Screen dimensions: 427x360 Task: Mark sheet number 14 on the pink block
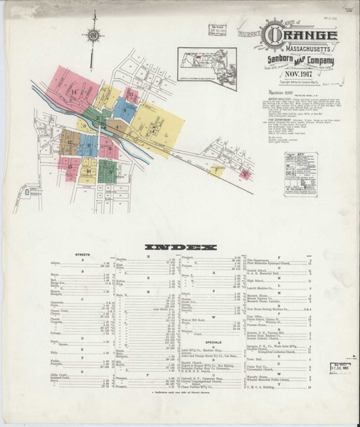tap(73, 93)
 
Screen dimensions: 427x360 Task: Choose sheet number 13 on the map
tap(130, 92)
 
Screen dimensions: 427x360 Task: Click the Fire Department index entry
tap(270, 262)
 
